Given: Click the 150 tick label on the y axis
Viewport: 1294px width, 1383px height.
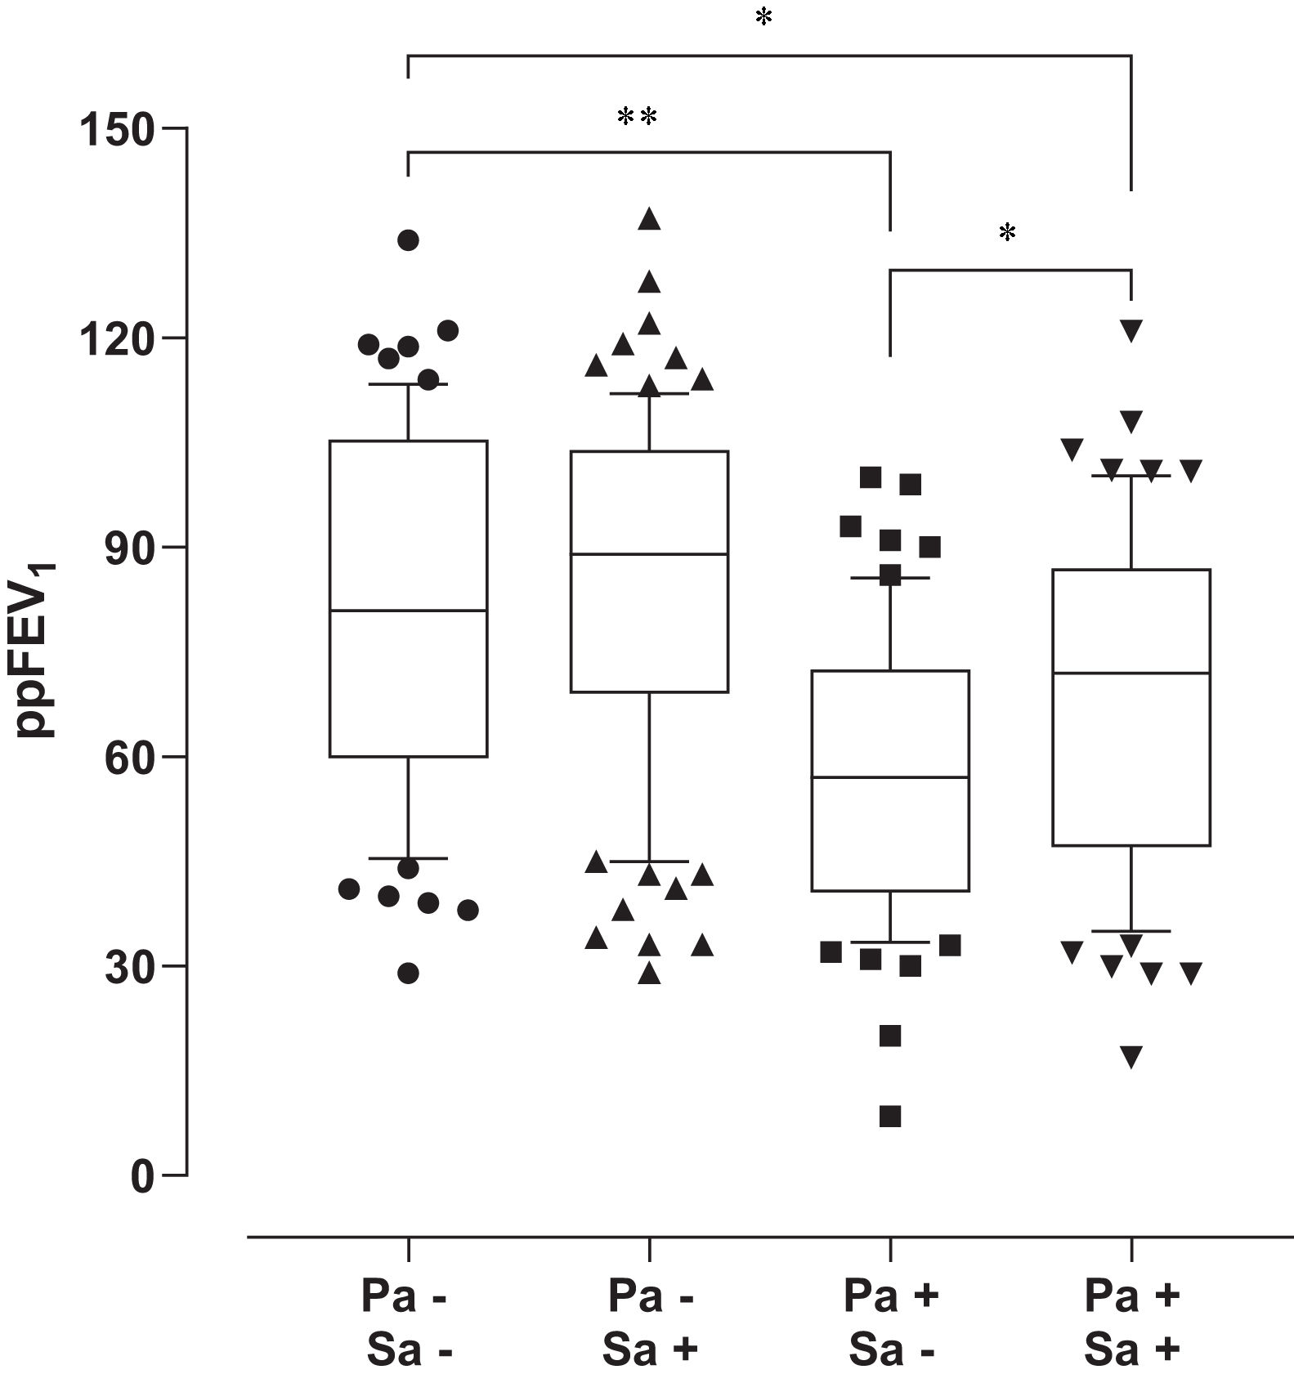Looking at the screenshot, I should (x=116, y=130).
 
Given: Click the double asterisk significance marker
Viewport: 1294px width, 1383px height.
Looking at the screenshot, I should (x=637, y=117).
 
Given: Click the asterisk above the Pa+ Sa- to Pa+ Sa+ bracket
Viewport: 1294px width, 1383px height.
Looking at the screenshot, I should (x=1007, y=234).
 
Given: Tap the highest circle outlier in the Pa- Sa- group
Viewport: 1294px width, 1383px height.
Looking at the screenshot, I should (x=408, y=240).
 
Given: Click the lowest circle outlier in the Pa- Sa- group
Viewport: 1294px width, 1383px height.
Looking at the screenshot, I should (x=408, y=973).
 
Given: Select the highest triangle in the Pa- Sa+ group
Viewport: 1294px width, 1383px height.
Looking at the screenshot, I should (x=650, y=219).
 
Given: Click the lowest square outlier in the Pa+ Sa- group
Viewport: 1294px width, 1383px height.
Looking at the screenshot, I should (x=890, y=1117).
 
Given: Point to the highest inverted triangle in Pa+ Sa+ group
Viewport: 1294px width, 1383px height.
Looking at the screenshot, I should (x=1131, y=330).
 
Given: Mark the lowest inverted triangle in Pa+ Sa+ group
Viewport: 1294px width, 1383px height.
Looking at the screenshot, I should (x=1131, y=1056).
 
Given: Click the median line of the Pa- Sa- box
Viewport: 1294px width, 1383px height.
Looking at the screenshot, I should (x=408, y=611).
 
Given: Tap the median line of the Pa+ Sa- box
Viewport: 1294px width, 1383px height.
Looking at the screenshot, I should (x=890, y=777).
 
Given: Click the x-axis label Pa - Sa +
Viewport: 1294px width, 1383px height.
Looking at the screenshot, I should (x=650, y=1323).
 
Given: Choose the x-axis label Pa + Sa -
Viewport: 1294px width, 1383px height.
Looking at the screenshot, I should (x=890, y=1323).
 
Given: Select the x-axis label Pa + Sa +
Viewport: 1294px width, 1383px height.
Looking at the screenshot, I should (x=1131, y=1323).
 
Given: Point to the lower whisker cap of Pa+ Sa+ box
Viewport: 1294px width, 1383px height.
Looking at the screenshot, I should (x=1131, y=931).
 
